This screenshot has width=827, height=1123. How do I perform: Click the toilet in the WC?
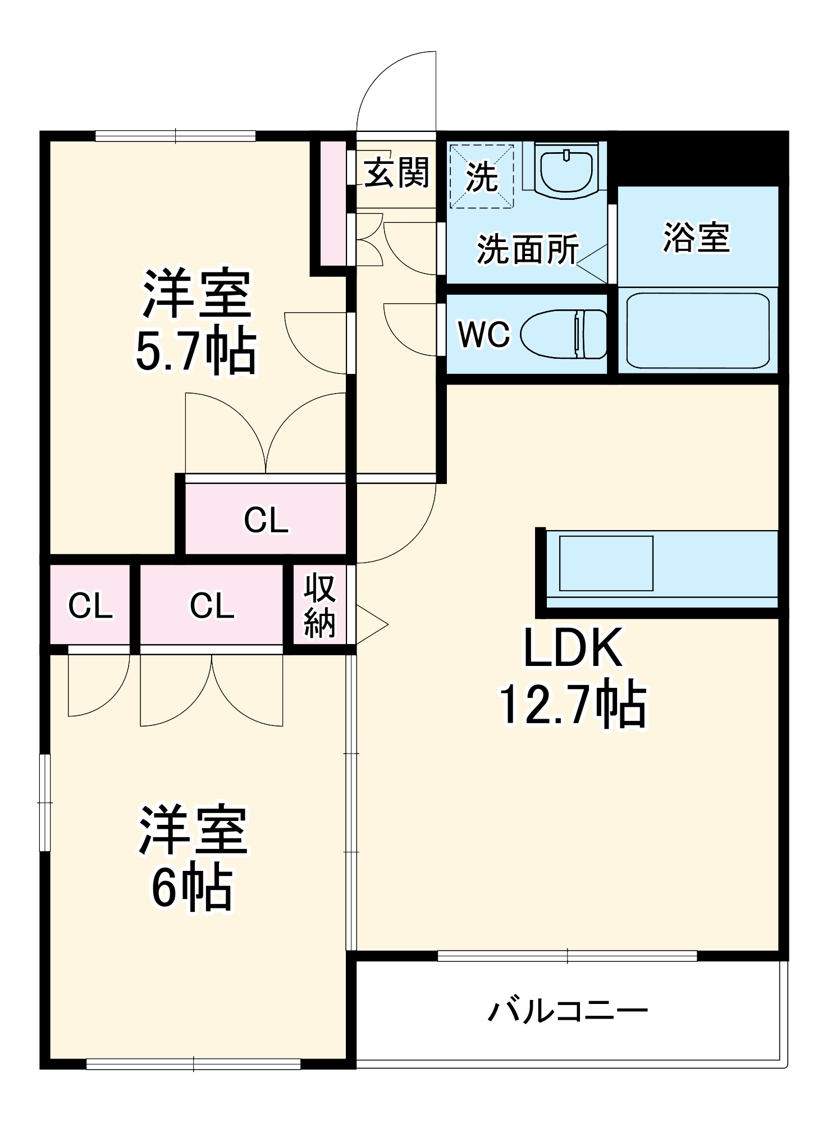564,334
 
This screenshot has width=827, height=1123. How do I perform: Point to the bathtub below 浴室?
697,330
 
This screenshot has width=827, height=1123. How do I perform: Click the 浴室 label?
697,238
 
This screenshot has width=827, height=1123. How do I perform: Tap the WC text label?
484,335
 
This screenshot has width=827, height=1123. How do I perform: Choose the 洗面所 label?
528,249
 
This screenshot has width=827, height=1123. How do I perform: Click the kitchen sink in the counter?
606,563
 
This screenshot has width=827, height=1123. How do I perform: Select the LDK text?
573,647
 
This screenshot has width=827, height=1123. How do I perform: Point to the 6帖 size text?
192,888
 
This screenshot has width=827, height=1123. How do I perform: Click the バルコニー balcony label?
568,1012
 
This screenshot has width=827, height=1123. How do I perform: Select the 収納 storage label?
320,606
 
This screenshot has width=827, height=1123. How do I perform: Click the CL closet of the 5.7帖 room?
266,520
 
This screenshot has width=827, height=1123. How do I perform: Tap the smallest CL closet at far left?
90,605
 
